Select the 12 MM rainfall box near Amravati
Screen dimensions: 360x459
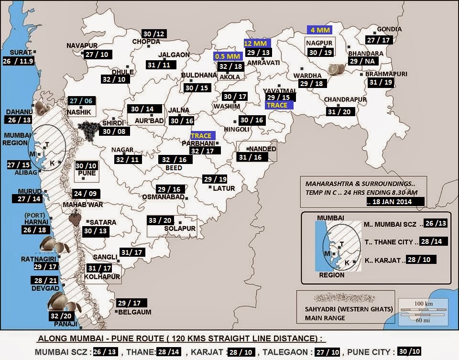[257, 43]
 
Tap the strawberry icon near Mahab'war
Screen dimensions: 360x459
[75, 219]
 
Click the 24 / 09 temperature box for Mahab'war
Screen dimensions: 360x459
[86, 194]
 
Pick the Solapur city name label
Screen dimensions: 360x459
[179, 229]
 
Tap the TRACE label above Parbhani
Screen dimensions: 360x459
[202, 136]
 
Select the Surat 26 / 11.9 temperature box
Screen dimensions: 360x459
[19, 61]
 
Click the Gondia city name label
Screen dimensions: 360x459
[389, 29]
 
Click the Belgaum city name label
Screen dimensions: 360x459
[135, 312]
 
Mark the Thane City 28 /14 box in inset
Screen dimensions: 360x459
[434, 241]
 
